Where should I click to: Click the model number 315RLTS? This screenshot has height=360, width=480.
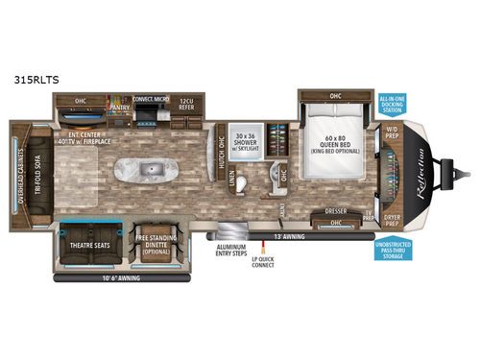click(33, 81)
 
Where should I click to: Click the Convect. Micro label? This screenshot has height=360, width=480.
click(152, 97)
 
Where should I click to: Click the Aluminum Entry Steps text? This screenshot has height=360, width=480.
click(233, 250)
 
